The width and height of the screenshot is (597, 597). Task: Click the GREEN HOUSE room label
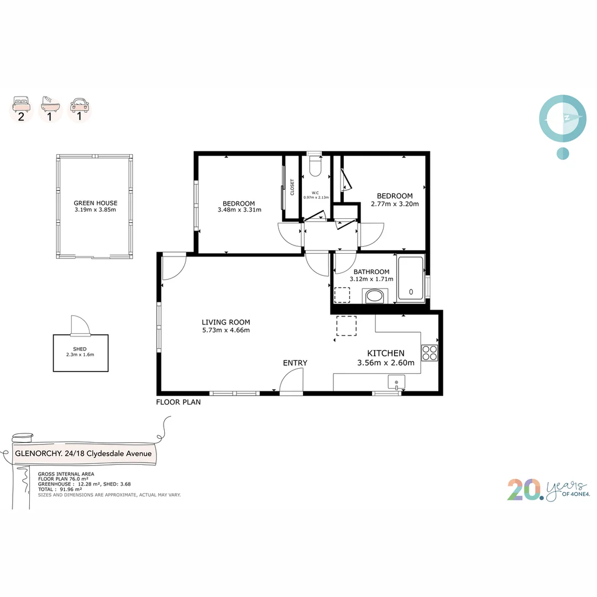click(x=96, y=203)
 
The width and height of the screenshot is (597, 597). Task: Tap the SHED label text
click(x=80, y=349)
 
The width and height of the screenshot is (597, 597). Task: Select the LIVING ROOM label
click(x=226, y=322)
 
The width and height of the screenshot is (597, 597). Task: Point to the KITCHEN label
click(x=386, y=353)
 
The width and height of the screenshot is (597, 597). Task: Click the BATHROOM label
click(x=371, y=272)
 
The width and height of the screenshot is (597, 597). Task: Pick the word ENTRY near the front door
click(x=295, y=363)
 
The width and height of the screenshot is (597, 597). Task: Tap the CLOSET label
click(x=292, y=187)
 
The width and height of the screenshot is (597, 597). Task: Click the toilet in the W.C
click(x=315, y=166)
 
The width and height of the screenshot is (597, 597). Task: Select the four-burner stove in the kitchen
click(x=430, y=353)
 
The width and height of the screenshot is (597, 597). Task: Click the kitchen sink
click(x=396, y=382)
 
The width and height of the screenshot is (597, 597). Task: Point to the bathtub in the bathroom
click(x=411, y=279)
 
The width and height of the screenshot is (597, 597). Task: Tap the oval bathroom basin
click(x=374, y=296)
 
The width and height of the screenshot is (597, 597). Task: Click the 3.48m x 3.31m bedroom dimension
click(x=239, y=210)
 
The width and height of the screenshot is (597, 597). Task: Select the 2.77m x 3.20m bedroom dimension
click(x=395, y=203)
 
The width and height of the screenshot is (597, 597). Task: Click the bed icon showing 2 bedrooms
click(x=22, y=103)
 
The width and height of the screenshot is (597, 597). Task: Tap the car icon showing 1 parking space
click(x=80, y=104)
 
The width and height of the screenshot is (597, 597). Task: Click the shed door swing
click(x=81, y=326)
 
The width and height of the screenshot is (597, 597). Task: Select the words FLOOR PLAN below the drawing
click(x=178, y=402)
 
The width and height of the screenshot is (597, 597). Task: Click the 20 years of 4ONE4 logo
click(x=548, y=490)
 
